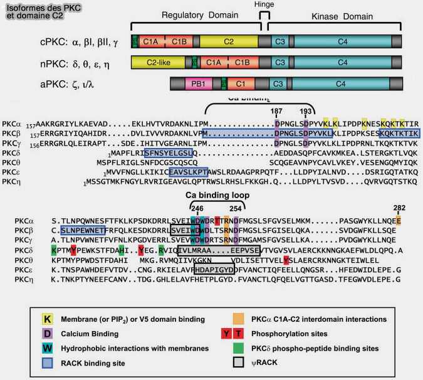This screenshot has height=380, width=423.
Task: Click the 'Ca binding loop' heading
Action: coord(219,196)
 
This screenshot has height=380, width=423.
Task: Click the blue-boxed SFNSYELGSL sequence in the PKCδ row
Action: coord(168,152)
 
